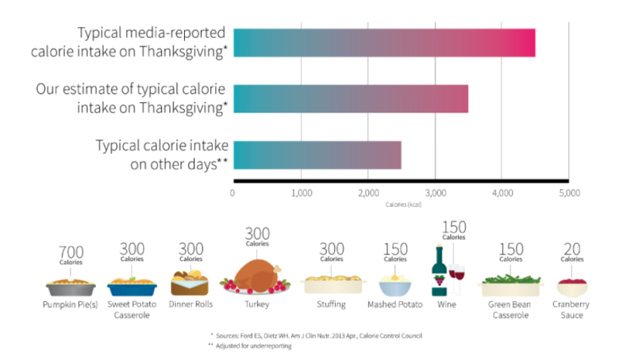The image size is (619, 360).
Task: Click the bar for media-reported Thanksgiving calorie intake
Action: click(384, 43)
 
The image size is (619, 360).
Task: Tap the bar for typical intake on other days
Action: click(317, 154)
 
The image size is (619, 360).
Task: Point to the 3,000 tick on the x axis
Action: click(435, 193)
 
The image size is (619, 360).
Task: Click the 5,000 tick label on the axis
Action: click(569, 193)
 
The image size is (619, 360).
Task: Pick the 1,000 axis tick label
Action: click(301, 193)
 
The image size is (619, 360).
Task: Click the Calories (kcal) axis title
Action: click(402, 205)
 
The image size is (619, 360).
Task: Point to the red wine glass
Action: click(457, 277)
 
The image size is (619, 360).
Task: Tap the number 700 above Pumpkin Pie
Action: click(71, 251)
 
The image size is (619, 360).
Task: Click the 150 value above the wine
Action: click(453, 227)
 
